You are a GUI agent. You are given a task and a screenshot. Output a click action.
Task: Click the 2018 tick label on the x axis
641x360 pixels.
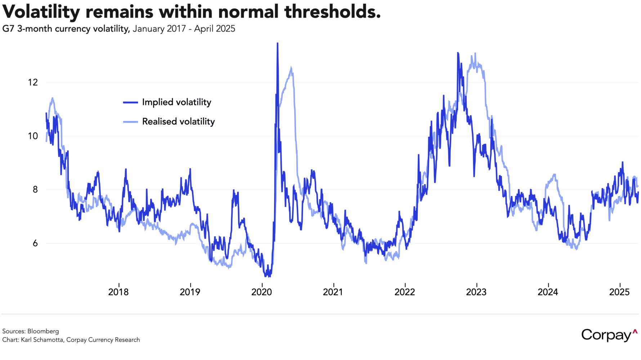(118, 292)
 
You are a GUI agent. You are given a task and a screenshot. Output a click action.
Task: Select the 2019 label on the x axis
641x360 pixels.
(190, 292)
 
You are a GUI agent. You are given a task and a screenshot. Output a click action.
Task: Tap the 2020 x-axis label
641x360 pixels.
(261, 292)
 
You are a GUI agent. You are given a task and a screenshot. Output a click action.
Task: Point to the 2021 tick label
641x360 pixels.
(333, 292)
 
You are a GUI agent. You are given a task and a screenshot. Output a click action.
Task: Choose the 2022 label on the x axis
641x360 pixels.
(405, 292)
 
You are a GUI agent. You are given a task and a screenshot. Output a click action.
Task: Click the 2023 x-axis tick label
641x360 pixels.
(476, 292)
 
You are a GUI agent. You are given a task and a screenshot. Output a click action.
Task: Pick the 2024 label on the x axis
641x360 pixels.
(548, 292)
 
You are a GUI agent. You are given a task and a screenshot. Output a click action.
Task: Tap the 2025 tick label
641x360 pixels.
(619, 292)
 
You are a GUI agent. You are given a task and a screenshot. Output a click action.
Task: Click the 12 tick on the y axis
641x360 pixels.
(33, 82)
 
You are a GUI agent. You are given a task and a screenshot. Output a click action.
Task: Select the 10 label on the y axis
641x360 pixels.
(33, 136)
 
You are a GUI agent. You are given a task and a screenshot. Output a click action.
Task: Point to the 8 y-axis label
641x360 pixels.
(35, 190)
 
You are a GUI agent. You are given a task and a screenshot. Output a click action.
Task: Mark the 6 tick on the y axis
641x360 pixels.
(35, 243)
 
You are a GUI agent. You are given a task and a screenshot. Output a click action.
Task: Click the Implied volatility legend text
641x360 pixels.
(176, 102)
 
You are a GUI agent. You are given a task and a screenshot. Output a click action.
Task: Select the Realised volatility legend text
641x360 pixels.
(178, 122)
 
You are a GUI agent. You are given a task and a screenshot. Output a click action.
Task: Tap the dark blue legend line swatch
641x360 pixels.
(130, 103)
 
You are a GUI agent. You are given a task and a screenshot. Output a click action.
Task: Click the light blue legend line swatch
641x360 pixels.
(130, 122)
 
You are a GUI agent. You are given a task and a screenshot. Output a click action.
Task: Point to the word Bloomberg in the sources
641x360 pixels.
(43, 331)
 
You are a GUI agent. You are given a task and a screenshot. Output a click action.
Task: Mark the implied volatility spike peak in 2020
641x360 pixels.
(277, 44)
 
